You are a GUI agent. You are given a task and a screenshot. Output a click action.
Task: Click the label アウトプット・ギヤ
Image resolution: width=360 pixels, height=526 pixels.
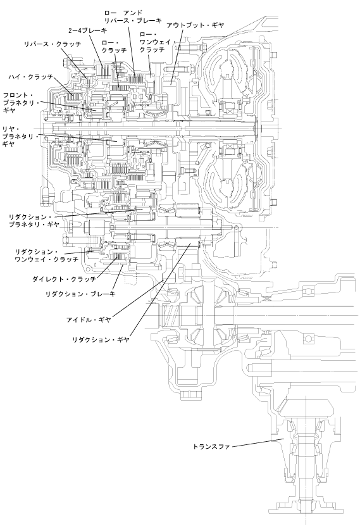[195, 25]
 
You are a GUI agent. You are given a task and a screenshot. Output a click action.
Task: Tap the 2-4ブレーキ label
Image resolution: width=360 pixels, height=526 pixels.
[87, 30]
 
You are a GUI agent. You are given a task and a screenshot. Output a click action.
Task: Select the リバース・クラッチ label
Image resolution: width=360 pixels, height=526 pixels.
[53, 44]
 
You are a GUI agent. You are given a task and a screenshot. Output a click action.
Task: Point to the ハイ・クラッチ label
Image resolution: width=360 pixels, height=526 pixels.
[31, 77]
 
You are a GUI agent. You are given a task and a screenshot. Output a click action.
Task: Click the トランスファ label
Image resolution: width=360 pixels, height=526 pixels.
[211, 446]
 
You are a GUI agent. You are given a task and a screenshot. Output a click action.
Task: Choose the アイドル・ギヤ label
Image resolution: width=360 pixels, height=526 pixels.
[89, 320]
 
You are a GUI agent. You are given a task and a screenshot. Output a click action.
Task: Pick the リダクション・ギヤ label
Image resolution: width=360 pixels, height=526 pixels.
[101, 340]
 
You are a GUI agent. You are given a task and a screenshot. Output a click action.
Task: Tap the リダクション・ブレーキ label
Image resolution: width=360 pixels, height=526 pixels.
[80, 294]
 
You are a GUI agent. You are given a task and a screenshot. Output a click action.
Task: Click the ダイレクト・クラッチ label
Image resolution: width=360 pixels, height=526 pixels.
[65, 279]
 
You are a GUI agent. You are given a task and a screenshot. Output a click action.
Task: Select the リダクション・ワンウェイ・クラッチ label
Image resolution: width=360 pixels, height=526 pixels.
[47, 256]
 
